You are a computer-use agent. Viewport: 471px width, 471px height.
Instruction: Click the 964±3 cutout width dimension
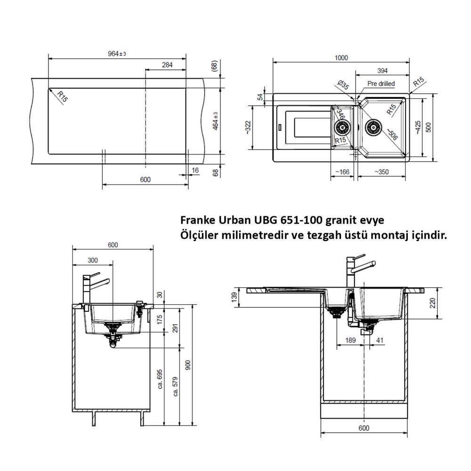[117, 54]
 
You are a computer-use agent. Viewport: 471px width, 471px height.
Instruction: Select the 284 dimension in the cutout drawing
[167, 65]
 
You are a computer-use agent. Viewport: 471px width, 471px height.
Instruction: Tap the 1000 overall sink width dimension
[341, 57]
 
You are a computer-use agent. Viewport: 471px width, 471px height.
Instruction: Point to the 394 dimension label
[382, 71]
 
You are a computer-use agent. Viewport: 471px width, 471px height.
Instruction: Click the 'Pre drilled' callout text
[381, 84]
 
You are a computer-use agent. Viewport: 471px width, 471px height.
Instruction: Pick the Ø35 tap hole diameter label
[343, 85]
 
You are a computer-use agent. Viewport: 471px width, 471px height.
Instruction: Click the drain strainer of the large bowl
[373, 128]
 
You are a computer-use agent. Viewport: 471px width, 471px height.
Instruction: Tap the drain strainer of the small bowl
[342, 128]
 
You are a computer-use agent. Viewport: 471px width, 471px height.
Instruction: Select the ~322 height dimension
[248, 127]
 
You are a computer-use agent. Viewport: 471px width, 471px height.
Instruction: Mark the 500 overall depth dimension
[429, 127]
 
